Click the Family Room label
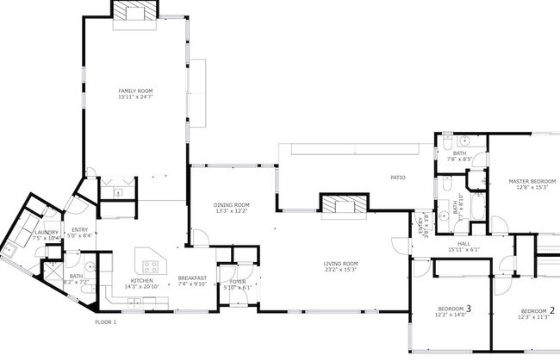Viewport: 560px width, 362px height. click(x=136, y=90)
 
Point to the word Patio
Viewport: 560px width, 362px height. click(x=397, y=178)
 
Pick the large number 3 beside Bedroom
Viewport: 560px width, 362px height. click(x=468, y=308)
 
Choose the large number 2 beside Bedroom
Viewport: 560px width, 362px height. click(x=551, y=309)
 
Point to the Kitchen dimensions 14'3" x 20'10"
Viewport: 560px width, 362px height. click(x=142, y=286)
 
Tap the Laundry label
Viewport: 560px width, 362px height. click(x=46, y=232)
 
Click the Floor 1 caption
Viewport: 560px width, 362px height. click(x=105, y=322)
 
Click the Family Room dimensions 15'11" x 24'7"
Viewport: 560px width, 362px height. click(x=136, y=97)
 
